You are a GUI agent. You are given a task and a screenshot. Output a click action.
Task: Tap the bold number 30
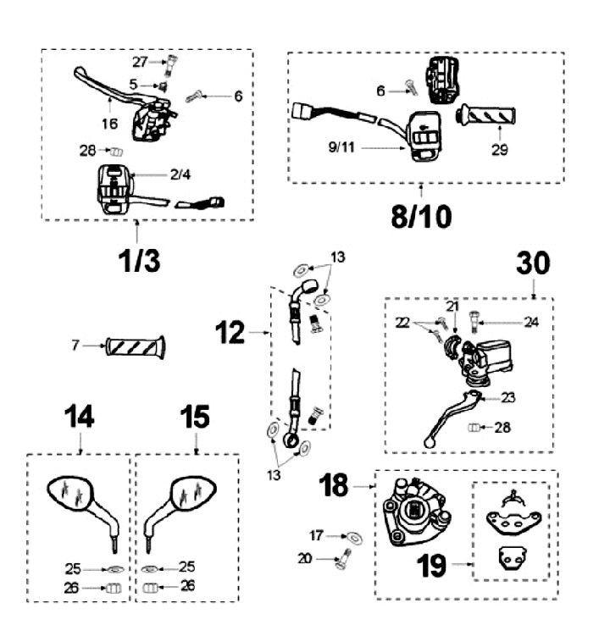(533, 264)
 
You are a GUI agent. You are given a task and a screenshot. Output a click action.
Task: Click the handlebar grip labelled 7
(136, 346)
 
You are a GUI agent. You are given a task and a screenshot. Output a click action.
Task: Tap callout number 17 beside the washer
(316, 534)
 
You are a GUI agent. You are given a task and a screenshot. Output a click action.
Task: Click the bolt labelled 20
(345, 560)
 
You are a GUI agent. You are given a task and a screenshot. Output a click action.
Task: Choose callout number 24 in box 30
(531, 321)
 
